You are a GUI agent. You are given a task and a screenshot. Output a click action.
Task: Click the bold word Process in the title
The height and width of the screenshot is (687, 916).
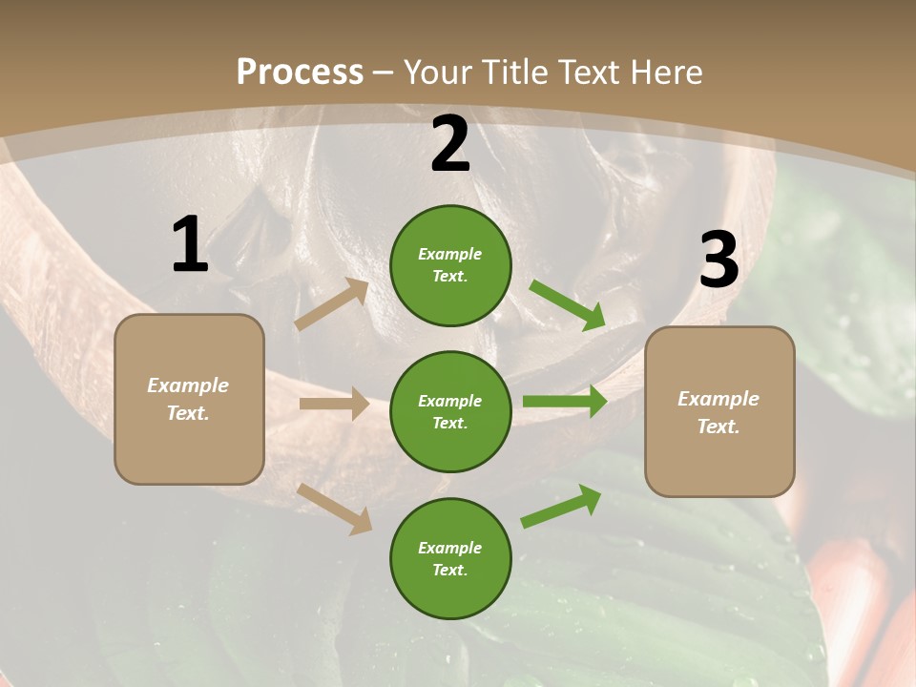pyautogui.click(x=300, y=72)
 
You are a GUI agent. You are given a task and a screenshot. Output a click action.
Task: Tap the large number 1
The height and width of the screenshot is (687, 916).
pyautogui.click(x=190, y=244)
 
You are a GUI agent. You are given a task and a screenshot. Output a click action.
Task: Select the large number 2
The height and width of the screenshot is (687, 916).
pyautogui.click(x=450, y=145)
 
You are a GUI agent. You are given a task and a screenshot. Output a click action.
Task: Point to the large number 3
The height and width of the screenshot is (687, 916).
pyautogui.click(x=718, y=260)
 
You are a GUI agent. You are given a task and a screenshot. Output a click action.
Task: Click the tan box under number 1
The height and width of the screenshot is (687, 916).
pyautogui.click(x=189, y=399)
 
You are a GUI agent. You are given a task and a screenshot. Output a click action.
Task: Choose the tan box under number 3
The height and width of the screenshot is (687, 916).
pyautogui.click(x=719, y=411)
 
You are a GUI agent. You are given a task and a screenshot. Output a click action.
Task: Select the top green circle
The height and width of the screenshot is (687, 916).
pyautogui.click(x=450, y=265)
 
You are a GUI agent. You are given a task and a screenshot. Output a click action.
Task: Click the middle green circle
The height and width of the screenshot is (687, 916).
pyautogui.click(x=450, y=411)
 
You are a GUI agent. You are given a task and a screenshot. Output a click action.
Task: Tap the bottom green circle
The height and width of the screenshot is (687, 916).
pyautogui.click(x=450, y=558)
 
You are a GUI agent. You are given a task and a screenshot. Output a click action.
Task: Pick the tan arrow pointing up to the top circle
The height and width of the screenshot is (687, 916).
pyautogui.click(x=332, y=304)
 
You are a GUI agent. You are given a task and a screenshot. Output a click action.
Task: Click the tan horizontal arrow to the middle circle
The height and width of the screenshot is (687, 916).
pyautogui.click(x=334, y=404)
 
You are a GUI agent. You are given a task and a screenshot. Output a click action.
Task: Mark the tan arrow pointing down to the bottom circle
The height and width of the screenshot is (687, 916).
pyautogui.click(x=334, y=508)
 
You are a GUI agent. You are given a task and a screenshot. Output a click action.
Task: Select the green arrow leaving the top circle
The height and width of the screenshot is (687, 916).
pyautogui.click(x=568, y=305)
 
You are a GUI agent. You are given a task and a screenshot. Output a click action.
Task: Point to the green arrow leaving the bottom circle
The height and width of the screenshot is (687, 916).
pyautogui.click(x=561, y=506)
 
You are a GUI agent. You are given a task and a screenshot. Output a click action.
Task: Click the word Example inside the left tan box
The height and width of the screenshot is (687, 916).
pyautogui.click(x=188, y=385)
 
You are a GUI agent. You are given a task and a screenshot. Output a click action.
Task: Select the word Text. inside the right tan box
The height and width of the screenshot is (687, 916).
pyautogui.click(x=718, y=427)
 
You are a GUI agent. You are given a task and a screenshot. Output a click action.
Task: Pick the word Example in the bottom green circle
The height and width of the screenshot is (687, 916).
pyautogui.click(x=449, y=548)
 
